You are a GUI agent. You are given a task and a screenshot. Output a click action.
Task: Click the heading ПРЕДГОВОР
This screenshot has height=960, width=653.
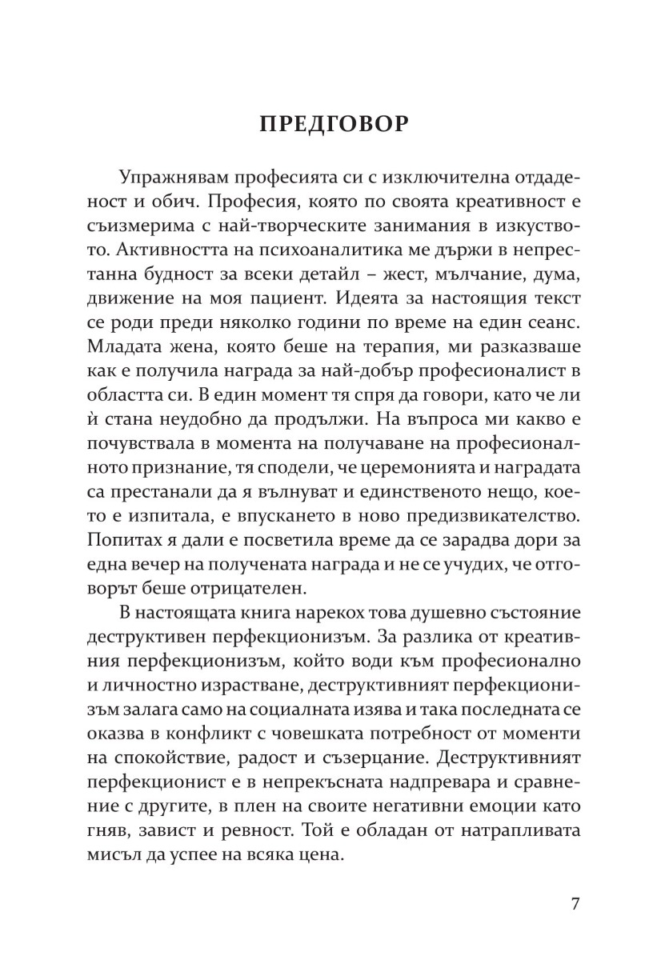[x=335, y=126]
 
